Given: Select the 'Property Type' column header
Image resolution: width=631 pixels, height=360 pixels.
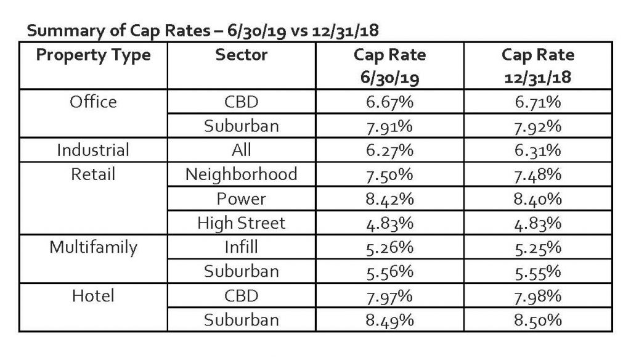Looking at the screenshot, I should [x=93, y=55].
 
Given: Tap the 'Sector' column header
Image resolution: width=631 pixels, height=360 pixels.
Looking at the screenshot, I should [x=242, y=55].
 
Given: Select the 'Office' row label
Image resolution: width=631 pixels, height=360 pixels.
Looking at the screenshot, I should [x=93, y=101].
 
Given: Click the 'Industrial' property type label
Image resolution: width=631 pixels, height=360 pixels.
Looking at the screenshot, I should [x=93, y=150].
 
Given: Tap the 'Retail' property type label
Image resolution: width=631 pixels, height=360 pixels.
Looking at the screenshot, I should [x=93, y=174].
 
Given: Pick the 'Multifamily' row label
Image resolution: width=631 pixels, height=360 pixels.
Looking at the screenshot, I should [x=93, y=247].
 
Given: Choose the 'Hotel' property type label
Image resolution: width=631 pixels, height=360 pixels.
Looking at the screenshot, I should [x=93, y=296].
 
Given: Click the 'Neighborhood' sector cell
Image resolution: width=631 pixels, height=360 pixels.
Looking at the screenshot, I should [x=242, y=174].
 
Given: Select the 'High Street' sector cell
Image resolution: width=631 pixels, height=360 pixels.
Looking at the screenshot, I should [x=242, y=223].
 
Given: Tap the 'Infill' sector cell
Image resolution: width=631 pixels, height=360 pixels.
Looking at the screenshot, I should [x=242, y=247].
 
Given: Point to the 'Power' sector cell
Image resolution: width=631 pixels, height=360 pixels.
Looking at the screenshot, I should [x=242, y=198].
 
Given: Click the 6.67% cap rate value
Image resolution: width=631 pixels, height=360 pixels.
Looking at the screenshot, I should [x=389, y=101].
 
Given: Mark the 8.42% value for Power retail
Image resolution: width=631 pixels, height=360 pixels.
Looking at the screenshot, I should [x=389, y=198].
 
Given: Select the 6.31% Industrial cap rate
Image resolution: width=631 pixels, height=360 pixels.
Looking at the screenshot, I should [x=538, y=150].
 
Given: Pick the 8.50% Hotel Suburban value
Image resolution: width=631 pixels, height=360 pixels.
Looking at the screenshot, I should [x=538, y=320].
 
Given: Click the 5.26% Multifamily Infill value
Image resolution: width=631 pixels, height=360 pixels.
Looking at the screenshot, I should [x=389, y=247].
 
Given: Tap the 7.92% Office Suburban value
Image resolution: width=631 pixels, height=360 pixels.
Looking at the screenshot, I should [x=538, y=126].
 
